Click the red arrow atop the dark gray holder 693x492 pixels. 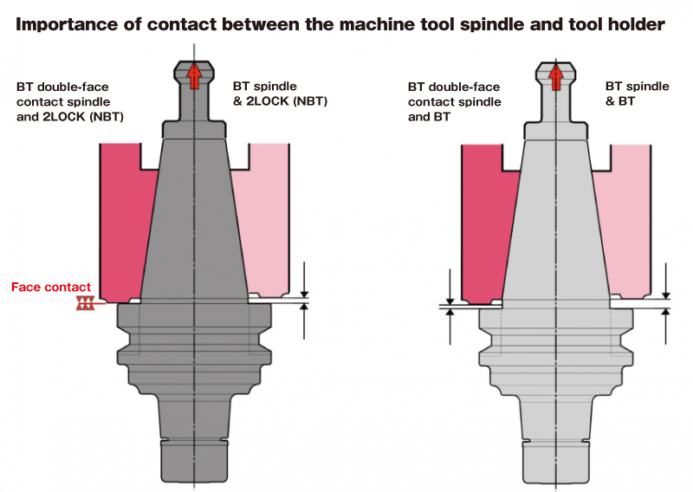tap(194, 76)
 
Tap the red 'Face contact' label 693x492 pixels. tap(50, 287)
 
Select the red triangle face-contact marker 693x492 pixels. tap(85, 303)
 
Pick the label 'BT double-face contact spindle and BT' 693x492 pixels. tap(454, 101)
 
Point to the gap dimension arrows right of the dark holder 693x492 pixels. tap(305, 299)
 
